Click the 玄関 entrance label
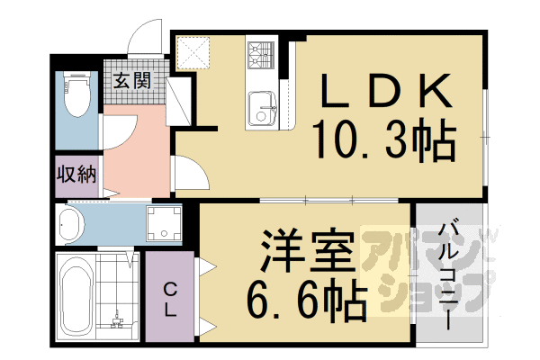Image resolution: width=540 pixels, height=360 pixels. click(130, 79)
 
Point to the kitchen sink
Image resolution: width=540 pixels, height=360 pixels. click(265, 111)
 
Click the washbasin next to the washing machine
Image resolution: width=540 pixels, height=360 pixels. click(70, 223)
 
